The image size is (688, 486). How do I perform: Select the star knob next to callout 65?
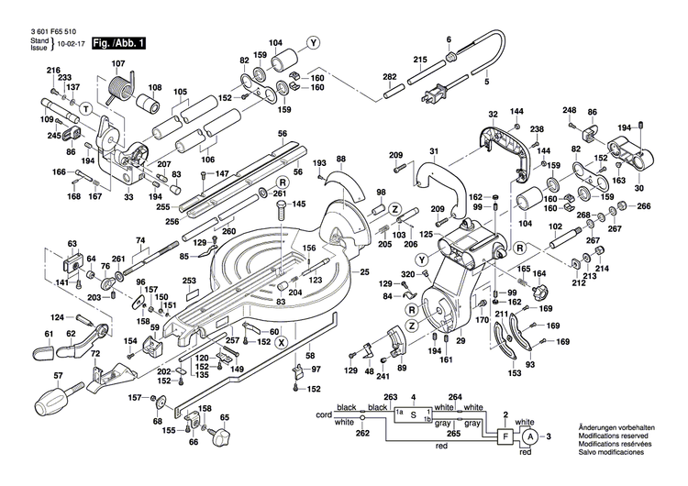click(x=220, y=439)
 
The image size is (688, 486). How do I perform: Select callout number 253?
click(x=190, y=282)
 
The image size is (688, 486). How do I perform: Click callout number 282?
click(x=389, y=75)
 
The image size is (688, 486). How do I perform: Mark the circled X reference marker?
click(x=281, y=341)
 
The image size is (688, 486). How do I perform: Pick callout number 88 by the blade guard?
click(x=341, y=160)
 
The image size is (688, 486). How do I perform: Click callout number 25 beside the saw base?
click(x=364, y=272)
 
